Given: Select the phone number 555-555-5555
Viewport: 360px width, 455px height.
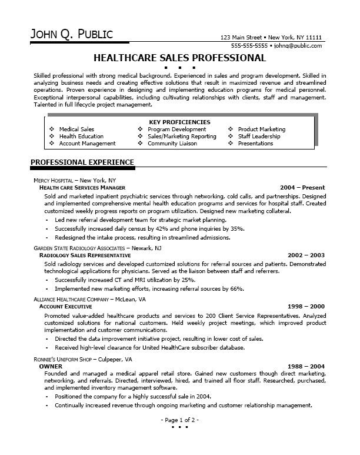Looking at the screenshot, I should (x=249, y=45).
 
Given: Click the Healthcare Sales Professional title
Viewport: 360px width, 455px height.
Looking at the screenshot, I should (x=179, y=58).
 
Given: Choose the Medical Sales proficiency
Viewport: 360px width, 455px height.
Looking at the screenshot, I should (x=76, y=129).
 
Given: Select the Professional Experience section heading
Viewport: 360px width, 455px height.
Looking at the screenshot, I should (x=82, y=162).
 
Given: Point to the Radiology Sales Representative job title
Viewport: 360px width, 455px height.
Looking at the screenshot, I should (x=85, y=240).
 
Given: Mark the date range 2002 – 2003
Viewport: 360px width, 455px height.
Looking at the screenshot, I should (x=306, y=240).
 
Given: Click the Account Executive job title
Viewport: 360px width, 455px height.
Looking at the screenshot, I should (x=65, y=307).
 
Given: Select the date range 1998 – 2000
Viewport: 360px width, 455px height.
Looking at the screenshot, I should (x=306, y=307).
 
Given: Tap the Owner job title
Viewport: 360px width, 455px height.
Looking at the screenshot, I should (x=51, y=366).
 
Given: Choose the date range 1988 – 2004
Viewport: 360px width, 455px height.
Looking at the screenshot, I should (x=306, y=366).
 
